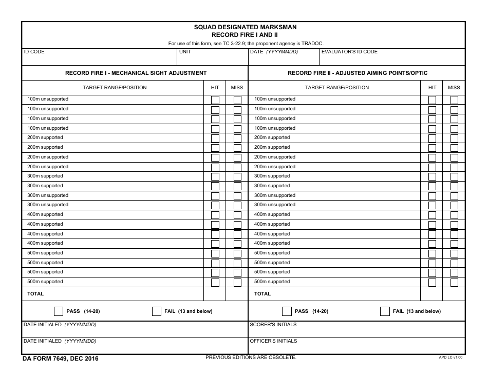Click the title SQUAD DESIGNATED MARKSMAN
point(245,27)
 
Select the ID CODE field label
point(34,52)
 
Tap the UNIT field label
point(185,52)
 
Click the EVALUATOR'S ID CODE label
point(349,52)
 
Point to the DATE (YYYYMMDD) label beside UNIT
point(274,52)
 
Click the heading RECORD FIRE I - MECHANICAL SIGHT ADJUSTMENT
point(136,73)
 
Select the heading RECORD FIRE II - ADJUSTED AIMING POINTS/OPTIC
point(357,73)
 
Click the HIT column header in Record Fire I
point(215,88)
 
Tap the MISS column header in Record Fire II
point(454,88)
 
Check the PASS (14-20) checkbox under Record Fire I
point(59,311)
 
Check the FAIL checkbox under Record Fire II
point(385,311)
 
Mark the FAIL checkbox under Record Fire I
point(157,311)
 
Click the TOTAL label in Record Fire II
point(262,294)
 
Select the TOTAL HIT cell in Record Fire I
point(215,294)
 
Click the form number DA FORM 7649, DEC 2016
point(61,359)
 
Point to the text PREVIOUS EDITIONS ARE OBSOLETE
point(251,357)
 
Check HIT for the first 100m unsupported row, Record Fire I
point(215,100)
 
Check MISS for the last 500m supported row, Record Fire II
point(454,282)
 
